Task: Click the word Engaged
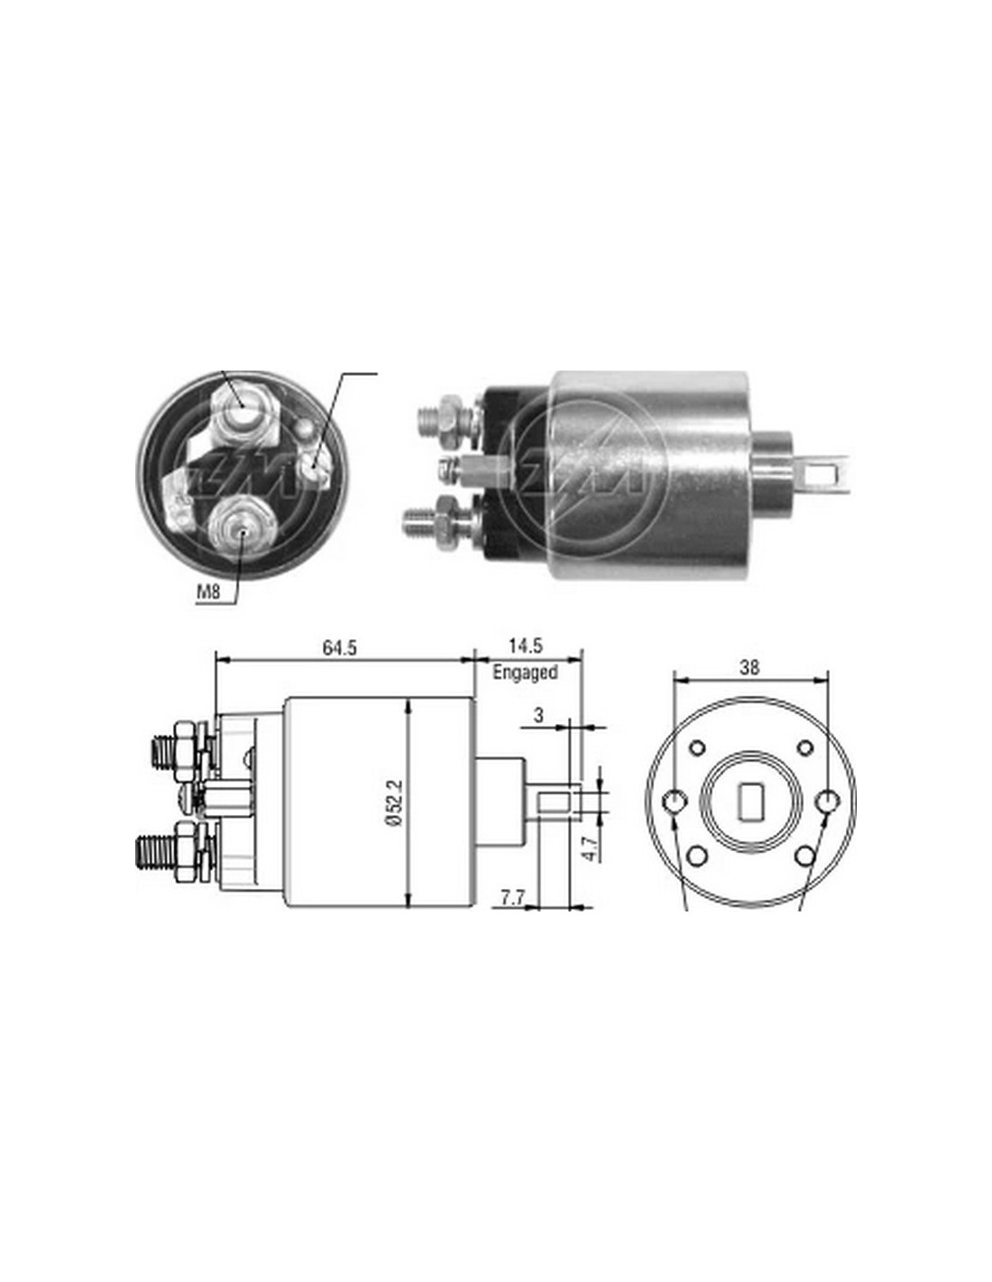[525, 672]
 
